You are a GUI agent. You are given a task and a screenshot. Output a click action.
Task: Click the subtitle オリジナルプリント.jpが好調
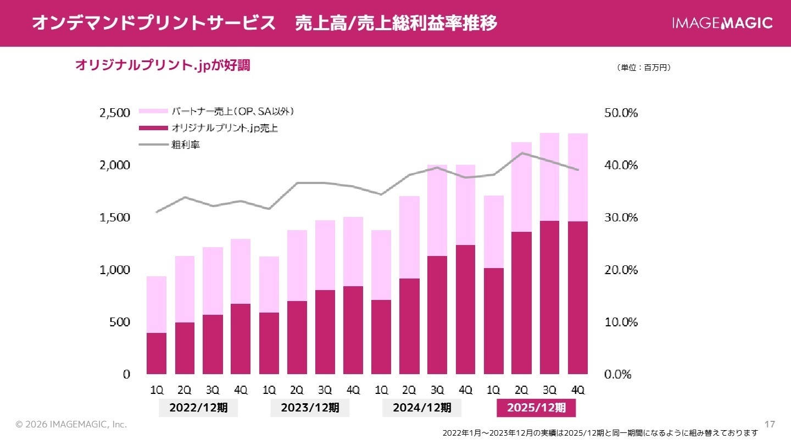[162, 65]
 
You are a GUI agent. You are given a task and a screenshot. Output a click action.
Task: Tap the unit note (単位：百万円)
[644, 68]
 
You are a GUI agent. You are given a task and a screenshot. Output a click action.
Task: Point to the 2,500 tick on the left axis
[114, 113]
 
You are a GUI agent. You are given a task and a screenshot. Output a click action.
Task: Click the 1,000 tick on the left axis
[114, 270]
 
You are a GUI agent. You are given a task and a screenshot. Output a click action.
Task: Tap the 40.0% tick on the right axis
[621, 165]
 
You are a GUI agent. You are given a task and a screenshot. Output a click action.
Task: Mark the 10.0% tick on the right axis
[621, 322]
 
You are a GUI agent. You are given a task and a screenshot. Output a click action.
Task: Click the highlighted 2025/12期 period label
[536, 408]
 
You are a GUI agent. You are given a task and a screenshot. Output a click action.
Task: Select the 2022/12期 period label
[198, 408]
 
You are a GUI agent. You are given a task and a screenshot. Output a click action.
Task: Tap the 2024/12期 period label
[422, 408]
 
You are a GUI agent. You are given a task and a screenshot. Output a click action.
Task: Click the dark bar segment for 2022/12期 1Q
[157, 353]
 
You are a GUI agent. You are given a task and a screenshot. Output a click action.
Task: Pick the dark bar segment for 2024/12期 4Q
[465, 309]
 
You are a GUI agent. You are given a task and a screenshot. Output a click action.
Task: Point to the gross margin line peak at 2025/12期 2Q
[521, 153]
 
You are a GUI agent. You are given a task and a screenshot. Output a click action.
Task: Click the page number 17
[770, 424]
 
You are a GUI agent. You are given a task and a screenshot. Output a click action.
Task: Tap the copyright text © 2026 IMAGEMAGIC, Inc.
[71, 425]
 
